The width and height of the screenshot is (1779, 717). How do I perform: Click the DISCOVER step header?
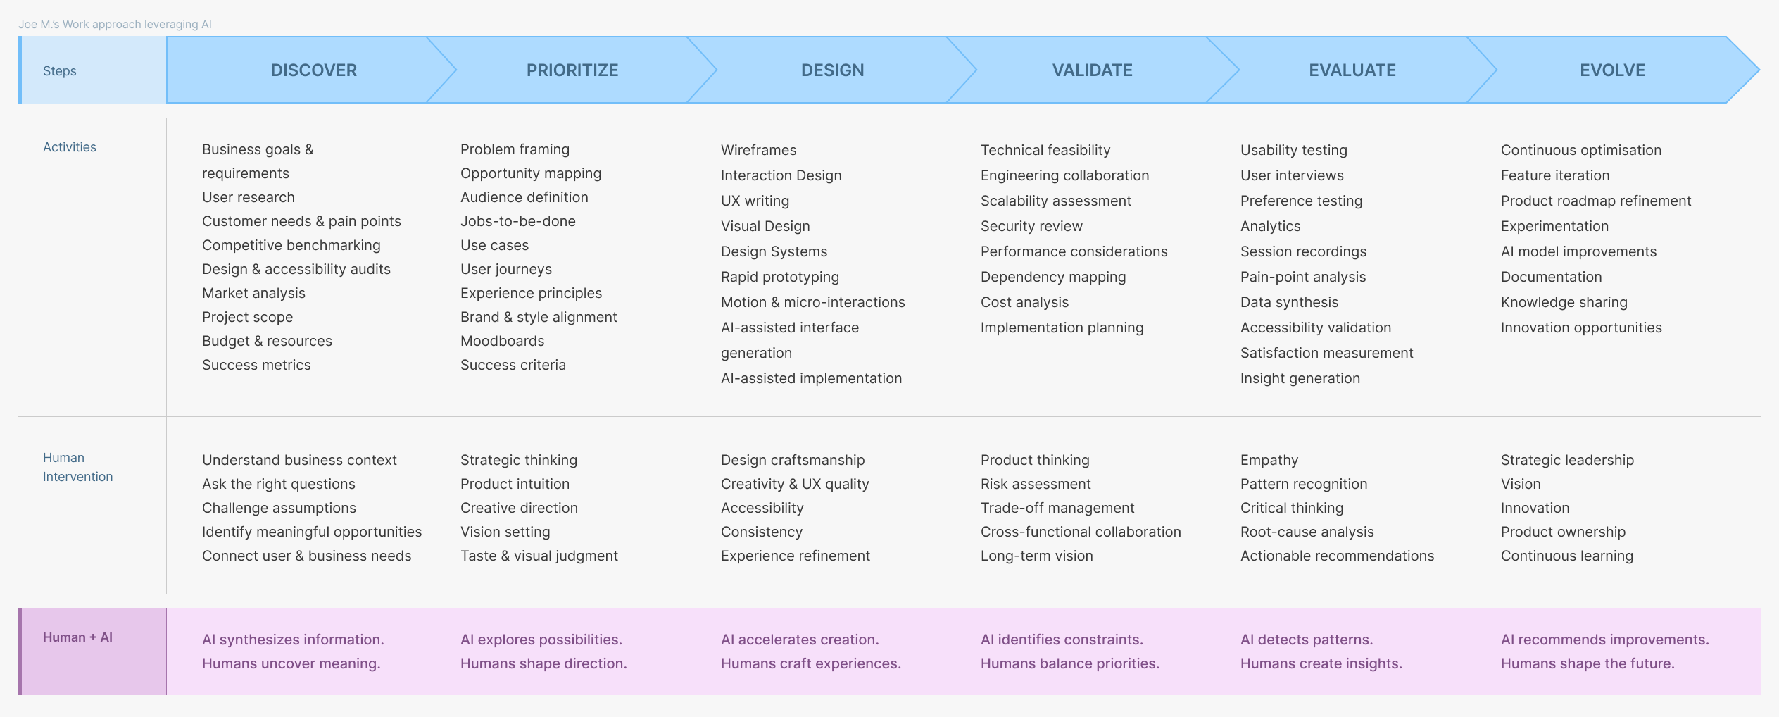314,70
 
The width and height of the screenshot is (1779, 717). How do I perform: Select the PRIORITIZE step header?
572,70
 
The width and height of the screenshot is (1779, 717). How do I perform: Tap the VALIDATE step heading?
1093,70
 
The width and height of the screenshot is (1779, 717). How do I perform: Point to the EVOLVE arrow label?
1613,70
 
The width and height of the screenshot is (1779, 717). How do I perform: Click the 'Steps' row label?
60,71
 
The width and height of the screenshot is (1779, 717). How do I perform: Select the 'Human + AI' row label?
77,637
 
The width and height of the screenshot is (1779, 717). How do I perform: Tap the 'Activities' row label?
70,147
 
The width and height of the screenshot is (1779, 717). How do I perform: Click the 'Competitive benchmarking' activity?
291,245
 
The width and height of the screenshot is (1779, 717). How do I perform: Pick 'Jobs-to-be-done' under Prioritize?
518,221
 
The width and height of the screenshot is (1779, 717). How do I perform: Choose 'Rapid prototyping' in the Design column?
780,277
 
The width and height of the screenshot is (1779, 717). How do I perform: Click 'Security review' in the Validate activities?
1031,226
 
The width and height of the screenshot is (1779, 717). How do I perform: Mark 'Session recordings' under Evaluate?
1303,251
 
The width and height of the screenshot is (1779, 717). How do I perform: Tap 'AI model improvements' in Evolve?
1579,251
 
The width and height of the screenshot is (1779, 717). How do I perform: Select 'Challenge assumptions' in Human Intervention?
279,508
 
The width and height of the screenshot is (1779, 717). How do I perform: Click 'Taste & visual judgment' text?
539,556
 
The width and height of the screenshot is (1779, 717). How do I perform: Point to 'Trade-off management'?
1057,508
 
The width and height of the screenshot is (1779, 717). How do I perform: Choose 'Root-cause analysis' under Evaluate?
1307,532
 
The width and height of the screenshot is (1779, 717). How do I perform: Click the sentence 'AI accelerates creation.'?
800,640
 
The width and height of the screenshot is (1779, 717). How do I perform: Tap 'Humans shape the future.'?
1588,663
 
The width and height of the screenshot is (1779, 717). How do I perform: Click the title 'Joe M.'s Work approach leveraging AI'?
115,24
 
